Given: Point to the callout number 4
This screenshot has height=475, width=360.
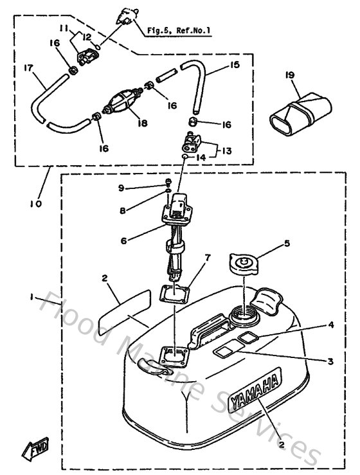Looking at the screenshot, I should pyautogui.click(x=330, y=326).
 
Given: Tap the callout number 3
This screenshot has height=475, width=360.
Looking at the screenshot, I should pyautogui.click(x=330, y=362).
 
